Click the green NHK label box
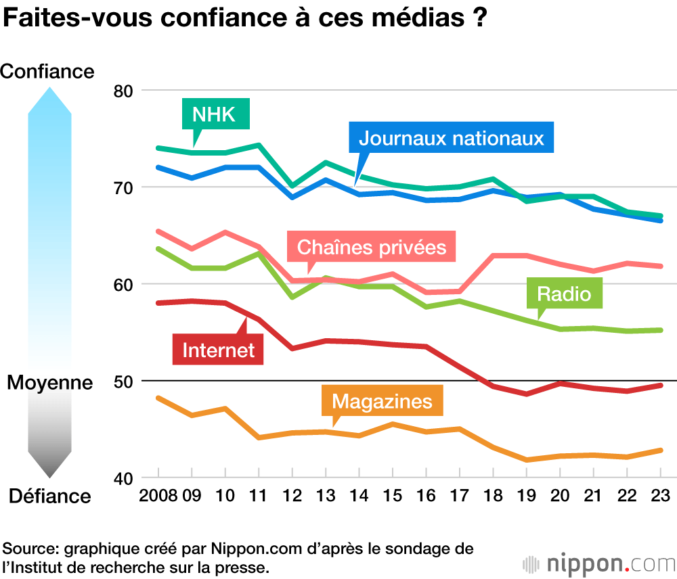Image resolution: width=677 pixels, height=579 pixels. (x=216, y=114)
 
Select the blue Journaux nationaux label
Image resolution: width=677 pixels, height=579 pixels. (x=452, y=138)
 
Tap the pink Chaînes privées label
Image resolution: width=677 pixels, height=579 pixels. (x=372, y=247)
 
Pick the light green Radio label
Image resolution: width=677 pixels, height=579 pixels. (x=564, y=294)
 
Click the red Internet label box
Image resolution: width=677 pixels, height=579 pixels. (x=219, y=349)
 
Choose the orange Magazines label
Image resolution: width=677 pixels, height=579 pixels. (x=382, y=401)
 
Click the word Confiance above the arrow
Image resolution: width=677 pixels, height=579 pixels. (x=48, y=71)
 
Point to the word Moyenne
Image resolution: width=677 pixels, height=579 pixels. (x=49, y=383)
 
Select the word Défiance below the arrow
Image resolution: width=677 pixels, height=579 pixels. (x=49, y=496)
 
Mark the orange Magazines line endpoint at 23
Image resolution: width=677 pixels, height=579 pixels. (x=659, y=450)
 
